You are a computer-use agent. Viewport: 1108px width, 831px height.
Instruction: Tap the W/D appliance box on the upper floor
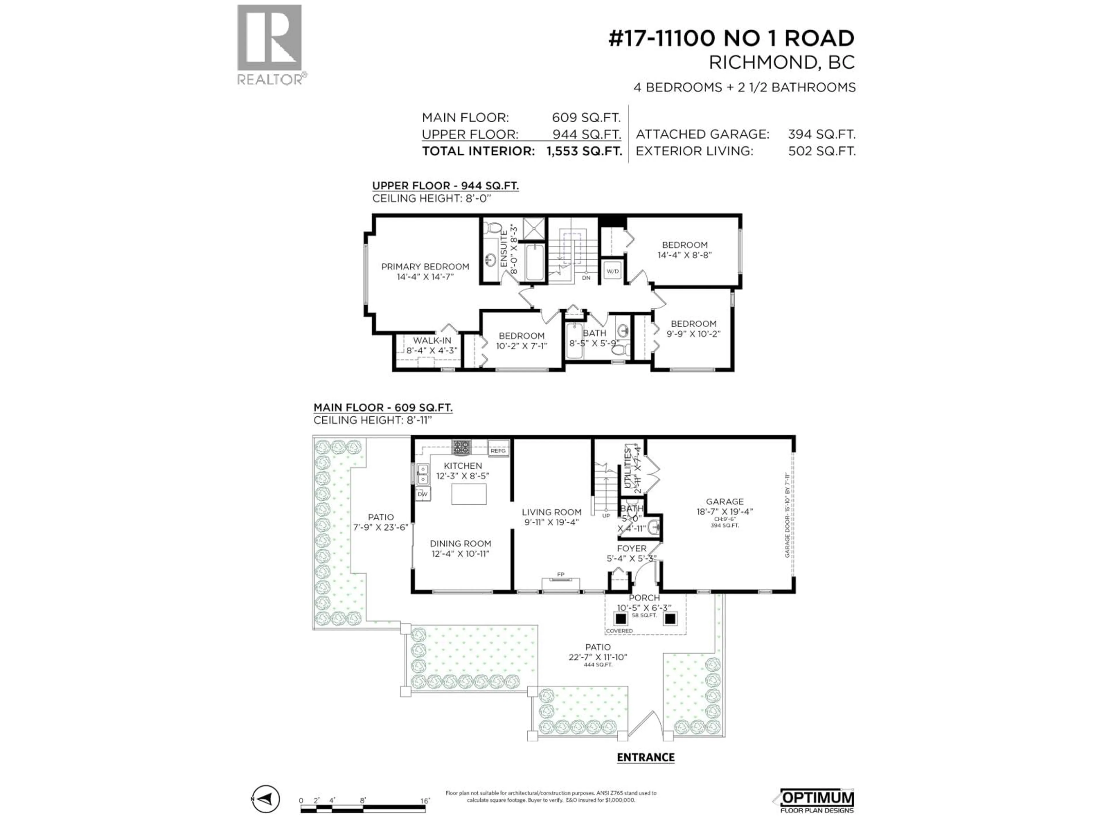tap(612, 271)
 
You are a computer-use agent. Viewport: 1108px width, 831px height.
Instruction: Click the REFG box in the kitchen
tap(498, 450)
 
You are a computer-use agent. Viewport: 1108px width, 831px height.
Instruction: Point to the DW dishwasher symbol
tap(422, 494)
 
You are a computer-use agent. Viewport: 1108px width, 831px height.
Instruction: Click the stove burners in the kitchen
tap(461, 446)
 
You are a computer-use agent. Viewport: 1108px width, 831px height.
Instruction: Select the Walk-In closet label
tap(432, 345)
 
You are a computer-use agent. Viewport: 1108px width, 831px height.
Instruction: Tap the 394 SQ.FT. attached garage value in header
tap(821, 134)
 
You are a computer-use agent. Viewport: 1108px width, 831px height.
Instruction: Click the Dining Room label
tap(460, 548)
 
